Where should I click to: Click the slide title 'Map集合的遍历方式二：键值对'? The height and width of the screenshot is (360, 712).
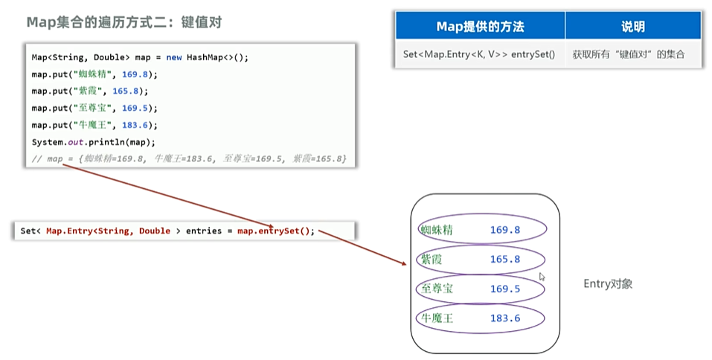click(x=124, y=22)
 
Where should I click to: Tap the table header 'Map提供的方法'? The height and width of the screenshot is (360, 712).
click(x=480, y=27)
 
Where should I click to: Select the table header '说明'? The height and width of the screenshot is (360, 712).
click(x=632, y=27)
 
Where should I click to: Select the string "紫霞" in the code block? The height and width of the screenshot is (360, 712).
click(x=88, y=91)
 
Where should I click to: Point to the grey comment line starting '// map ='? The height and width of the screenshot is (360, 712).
click(x=189, y=159)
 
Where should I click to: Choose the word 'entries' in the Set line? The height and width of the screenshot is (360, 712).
click(x=202, y=231)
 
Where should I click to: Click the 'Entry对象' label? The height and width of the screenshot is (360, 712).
click(x=608, y=284)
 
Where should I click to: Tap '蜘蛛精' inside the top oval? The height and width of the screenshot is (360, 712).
click(x=437, y=230)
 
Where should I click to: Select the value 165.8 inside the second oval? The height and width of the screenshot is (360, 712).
click(x=505, y=260)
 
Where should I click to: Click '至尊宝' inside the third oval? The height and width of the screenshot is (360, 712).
click(x=437, y=289)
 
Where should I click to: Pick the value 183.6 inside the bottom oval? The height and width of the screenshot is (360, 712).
click(x=505, y=318)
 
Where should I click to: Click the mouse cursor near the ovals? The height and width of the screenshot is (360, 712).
click(x=542, y=277)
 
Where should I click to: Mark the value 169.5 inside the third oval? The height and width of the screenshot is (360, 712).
click(x=505, y=289)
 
